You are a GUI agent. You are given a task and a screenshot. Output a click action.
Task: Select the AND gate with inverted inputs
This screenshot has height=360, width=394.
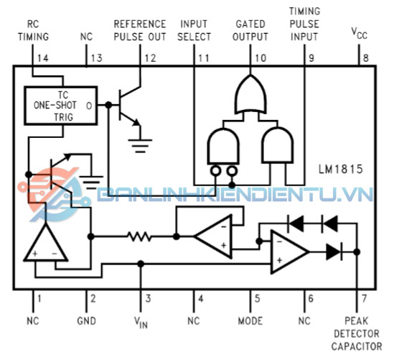tap(223, 147)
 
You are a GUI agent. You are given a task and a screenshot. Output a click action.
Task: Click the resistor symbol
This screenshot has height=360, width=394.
tap(139, 236)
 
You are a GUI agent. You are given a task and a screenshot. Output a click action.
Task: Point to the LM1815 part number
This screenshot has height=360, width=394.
tap(340, 169)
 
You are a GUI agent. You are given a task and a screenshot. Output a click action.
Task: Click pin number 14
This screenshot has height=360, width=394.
tap(43, 58)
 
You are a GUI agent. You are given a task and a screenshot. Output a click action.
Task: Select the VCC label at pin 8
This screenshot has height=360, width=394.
tap(359, 34)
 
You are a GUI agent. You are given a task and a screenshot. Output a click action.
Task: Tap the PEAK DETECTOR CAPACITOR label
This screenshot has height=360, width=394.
tap(357, 333)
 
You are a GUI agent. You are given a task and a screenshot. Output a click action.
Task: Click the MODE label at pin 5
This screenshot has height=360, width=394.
tap(250, 321)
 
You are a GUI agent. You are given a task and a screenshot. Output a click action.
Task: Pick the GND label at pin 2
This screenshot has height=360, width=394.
tap(86, 321)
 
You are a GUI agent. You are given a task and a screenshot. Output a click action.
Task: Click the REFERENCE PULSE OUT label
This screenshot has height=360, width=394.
tap(140, 30)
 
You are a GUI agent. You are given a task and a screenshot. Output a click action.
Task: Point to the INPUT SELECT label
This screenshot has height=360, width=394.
tap(194, 30)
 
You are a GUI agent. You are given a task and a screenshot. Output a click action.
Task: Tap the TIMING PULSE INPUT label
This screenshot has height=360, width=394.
tap(304, 24)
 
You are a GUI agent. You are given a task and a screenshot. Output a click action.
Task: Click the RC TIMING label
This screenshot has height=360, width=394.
tap(33, 30)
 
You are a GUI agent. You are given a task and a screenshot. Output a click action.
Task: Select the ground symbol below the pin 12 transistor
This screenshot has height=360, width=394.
tap(140, 146)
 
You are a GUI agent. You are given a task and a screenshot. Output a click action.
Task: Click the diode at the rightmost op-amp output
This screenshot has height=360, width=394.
tap(334, 251)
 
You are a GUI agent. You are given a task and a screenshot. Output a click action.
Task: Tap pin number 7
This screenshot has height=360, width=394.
tap(364, 299)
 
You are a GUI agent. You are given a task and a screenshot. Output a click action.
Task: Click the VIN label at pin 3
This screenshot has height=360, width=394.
tap(141, 322)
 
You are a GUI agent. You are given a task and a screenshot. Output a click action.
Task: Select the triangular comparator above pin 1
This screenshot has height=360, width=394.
tap(46, 242)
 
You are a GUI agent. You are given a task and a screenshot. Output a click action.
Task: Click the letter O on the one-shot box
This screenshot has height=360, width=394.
tap(89, 106)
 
